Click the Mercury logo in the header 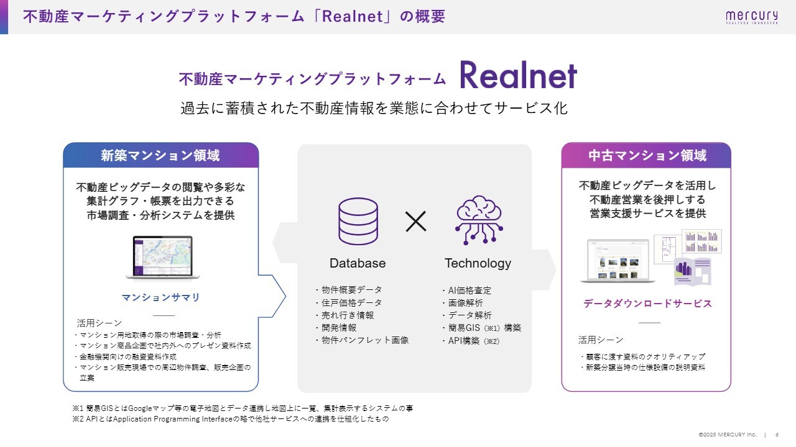pos(751,17)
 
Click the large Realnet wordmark pos(518,76)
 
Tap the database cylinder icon pos(358,221)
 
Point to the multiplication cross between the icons pos(416,221)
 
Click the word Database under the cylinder pos(358,263)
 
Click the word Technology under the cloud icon pos(478,263)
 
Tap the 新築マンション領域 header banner pos(160,155)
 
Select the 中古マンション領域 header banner pos(646,155)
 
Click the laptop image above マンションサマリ pos(161,258)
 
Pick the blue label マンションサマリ pos(161,297)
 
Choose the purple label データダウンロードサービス pos(647,304)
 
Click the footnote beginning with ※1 pos(243,409)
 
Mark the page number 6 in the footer pos(777,434)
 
